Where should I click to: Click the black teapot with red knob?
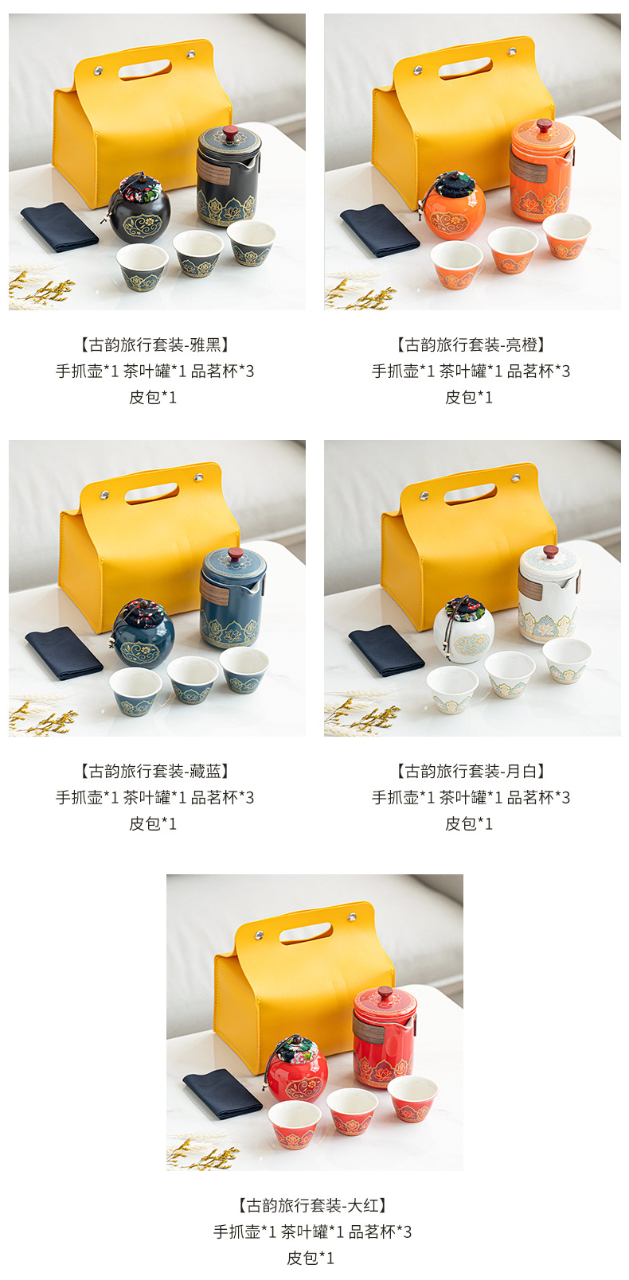pyautogui.click(x=228, y=177)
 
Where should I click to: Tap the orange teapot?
pyautogui.click(x=541, y=172)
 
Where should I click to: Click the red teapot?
pyautogui.click(x=384, y=1038)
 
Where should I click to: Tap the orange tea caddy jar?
pyautogui.click(x=454, y=208)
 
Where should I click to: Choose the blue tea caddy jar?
pyautogui.click(x=143, y=636)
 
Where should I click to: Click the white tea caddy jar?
pyautogui.click(x=463, y=632)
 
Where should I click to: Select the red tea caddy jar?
pyautogui.click(x=296, y=1071)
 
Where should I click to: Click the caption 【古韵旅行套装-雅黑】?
pyautogui.click(x=154, y=344)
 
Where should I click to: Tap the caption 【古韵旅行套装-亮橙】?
pyautogui.click(x=471, y=344)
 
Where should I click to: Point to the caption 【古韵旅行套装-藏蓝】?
pyautogui.click(x=154, y=771)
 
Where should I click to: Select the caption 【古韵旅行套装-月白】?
pyautogui.click(x=471, y=771)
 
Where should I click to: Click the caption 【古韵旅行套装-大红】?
pyautogui.click(x=313, y=1205)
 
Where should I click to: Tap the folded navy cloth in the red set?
pyautogui.click(x=222, y=1093)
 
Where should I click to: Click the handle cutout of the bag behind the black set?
pyautogui.click(x=144, y=69)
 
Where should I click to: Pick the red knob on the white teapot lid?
pyautogui.click(x=550, y=551)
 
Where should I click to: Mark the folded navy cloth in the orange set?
pyautogui.click(x=379, y=230)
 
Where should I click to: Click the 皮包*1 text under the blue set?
pyautogui.click(x=154, y=823)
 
